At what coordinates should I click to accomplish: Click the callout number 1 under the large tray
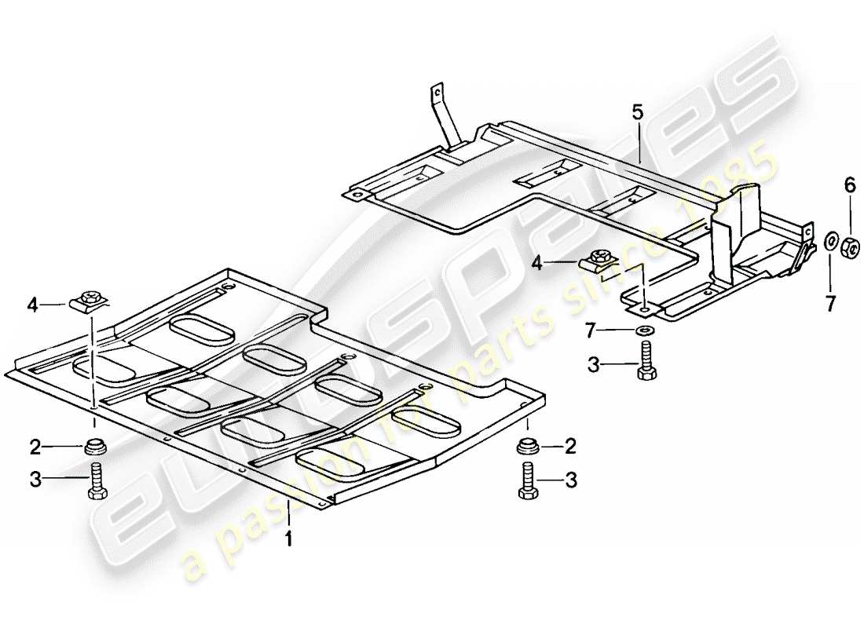tap(288, 540)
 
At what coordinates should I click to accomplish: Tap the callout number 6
tap(849, 186)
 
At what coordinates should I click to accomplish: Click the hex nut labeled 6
tap(850, 248)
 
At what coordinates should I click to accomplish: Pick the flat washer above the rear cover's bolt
tap(644, 330)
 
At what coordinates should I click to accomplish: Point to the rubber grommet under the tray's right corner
tap(527, 448)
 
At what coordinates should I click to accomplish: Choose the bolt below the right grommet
tap(526, 480)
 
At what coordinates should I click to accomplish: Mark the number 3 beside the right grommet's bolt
tap(571, 480)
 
